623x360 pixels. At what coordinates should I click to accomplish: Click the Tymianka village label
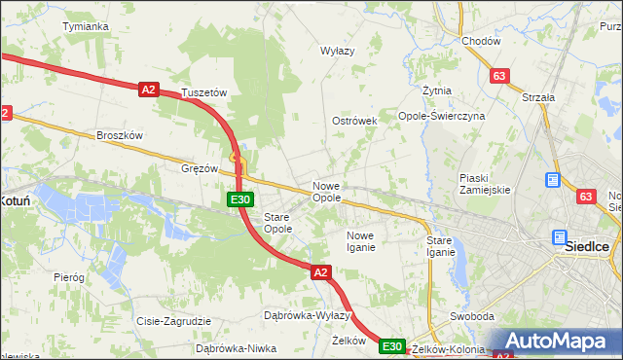(85, 26)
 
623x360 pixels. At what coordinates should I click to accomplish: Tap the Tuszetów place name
(204, 93)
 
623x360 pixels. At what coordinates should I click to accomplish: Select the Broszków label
(120, 135)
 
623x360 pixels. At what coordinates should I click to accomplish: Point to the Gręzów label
(200, 167)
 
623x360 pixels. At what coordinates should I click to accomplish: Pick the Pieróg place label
(69, 277)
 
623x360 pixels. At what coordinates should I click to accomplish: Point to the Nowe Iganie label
(360, 241)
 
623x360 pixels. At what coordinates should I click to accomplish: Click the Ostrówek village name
(353, 121)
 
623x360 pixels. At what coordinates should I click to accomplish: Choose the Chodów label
(481, 42)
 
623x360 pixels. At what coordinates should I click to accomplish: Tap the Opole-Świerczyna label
(441, 116)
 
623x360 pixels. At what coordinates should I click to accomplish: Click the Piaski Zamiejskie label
(485, 184)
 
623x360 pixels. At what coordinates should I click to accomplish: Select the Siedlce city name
(587, 247)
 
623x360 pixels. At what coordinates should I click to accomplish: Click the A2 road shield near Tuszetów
(148, 90)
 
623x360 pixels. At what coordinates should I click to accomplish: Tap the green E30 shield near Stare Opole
(241, 199)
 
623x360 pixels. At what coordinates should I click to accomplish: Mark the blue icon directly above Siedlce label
(560, 236)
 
